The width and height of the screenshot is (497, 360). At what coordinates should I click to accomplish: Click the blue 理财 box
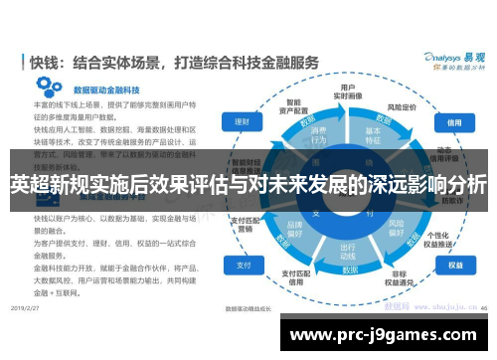click(241, 122)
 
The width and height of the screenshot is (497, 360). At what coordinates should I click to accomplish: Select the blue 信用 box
click(455, 122)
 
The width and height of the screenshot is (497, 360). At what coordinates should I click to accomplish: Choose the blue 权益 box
click(455, 267)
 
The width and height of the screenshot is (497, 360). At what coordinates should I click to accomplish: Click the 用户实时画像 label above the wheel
click(348, 92)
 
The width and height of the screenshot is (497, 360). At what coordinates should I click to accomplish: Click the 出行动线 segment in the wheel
click(348, 251)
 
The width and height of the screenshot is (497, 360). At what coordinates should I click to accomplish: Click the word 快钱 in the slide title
click(51, 62)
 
